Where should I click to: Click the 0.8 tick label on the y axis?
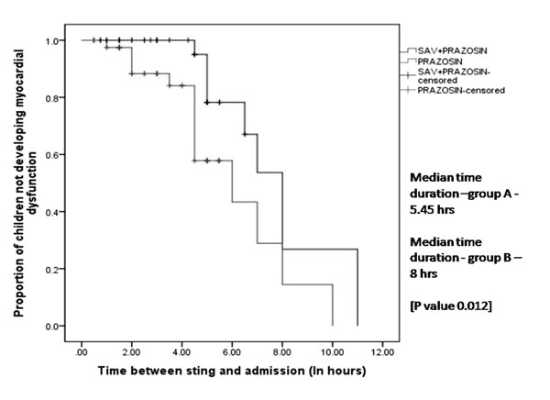pos(51,98)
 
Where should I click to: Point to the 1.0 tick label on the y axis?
pos(51,41)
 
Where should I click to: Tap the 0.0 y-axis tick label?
pos(51,327)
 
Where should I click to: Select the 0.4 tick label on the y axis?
pos(51,212)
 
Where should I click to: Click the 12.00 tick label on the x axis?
pos(382,352)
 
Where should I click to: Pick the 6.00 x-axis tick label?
pos(232,352)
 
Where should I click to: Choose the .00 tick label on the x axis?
pos(82,352)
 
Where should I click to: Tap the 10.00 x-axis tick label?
pos(332,352)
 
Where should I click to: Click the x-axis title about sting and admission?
pos(232,371)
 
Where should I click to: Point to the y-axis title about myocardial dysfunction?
pos(25,183)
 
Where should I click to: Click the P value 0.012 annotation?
pos(451,306)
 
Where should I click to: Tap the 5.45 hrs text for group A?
pos(432,210)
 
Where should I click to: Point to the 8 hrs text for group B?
pos(423,273)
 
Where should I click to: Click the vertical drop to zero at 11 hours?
pos(357,288)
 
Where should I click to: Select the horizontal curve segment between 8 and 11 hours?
pos(320,250)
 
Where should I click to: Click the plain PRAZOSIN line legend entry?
pos(440,61)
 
